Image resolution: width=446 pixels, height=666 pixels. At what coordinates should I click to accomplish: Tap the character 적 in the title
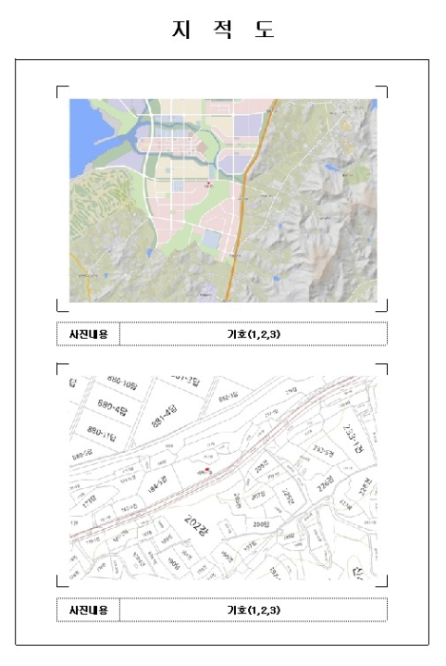click(223, 29)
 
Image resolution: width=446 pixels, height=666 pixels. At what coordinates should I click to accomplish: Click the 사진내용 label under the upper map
click(87, 334)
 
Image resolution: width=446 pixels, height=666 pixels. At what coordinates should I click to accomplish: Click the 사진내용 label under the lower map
click(87, 610)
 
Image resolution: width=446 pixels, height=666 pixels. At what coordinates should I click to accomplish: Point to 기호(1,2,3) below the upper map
click(253, 334)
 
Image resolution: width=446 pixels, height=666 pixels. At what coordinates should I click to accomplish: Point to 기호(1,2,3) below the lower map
click(253, 610)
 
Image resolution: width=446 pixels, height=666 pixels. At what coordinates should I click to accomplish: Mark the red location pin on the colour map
click(209, 183)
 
